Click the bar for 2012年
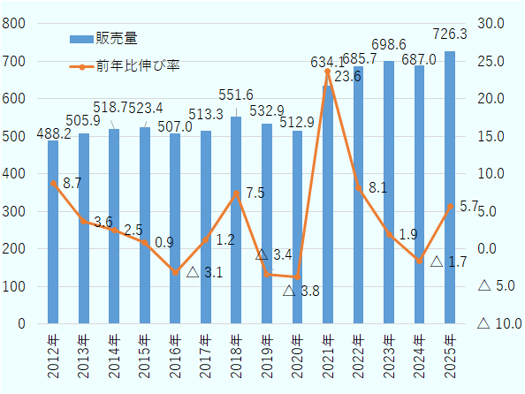53,232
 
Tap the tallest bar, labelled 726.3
450,187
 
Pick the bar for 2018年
236,220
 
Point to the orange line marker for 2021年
328,72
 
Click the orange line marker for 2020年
297,277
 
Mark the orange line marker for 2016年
175,272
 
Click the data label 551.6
236,95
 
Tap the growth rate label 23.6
348,77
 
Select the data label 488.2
52,131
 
